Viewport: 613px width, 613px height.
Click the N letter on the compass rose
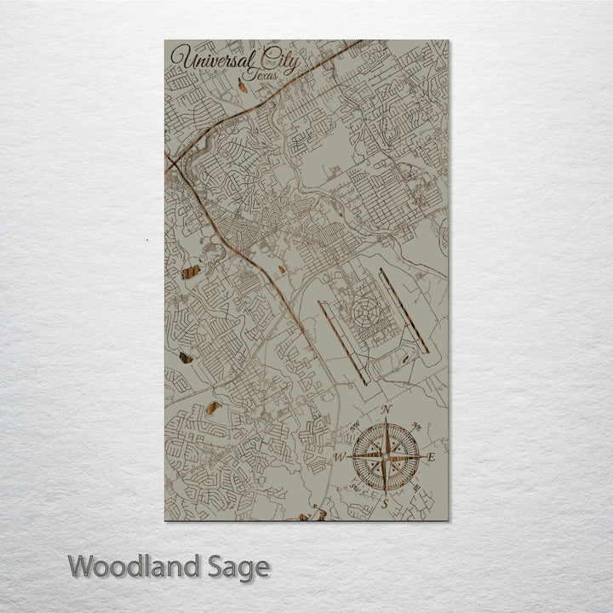coord(386,410)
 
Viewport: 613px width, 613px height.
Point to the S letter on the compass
coord(385,504)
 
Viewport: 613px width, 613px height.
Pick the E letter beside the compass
coord(431,458)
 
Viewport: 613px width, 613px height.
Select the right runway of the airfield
coord(404,310)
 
